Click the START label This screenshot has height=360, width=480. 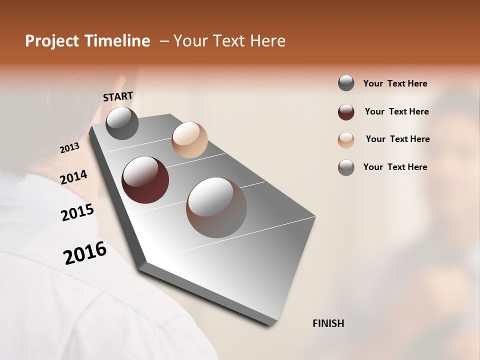click(x=118, y=96)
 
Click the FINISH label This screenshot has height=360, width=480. click(x=328, y=323)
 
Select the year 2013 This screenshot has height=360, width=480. click(x=69, y=148)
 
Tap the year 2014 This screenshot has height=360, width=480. click(x=73, y=177)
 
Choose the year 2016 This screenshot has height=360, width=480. click(x=85, y=253)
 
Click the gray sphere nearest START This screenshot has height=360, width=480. click(x=122, y=123)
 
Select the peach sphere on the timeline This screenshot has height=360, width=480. click(x=189, y=140)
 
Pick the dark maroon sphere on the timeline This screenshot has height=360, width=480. click(x=145, y=180)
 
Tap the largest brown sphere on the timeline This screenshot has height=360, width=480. click(x=216, y=207)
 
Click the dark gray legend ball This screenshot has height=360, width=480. click(x=346, y=83)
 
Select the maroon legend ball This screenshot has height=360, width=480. click(x=346, y=112)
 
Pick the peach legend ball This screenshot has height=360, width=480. click(x=346, y=140)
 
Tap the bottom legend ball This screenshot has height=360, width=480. click(x=346, y=167)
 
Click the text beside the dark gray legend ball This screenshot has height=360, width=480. click(x=395, y=83)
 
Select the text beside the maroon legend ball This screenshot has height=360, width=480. click(x=396, y=111)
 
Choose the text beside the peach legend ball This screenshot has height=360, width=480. click(x=397, y=139)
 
